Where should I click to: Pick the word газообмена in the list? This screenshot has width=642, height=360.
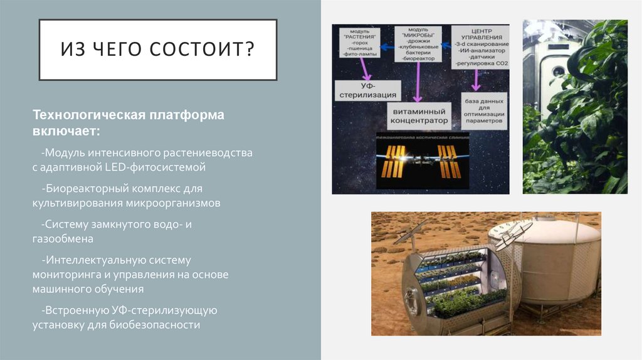(64, 239)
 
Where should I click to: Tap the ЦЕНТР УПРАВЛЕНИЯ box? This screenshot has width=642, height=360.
(481, 46)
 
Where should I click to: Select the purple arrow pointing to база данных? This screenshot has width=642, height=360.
(476, 81)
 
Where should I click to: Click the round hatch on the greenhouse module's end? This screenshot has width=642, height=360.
(415, 305)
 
